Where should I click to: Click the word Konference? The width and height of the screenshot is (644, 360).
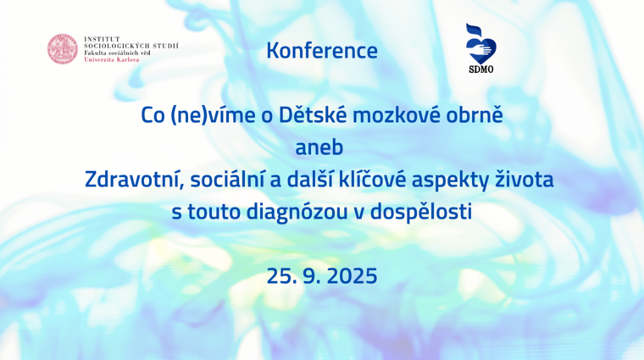point(322,51)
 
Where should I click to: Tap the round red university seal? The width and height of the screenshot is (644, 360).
point(63,49)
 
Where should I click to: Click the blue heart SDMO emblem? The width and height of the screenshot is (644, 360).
point(481,44)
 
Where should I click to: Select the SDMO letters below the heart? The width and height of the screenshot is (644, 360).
point(481,69)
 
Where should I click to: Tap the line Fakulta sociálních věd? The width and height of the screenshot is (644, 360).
point(117,53)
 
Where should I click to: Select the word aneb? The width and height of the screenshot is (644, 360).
point(319,147)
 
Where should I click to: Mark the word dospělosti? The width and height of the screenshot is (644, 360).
point(420,213)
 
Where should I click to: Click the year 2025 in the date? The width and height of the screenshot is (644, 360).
point(352,276)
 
